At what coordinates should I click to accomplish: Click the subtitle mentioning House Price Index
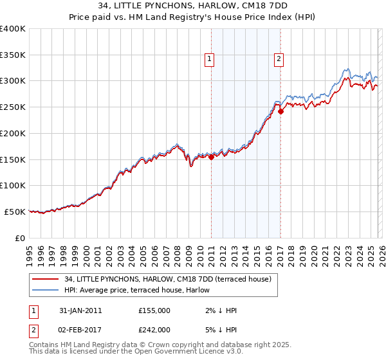193,17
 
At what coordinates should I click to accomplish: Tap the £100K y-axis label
13,185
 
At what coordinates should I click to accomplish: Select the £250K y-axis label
13,107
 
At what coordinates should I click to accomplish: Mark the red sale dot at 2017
280,111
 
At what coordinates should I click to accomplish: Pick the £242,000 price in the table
154,329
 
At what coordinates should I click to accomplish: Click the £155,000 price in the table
154,310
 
